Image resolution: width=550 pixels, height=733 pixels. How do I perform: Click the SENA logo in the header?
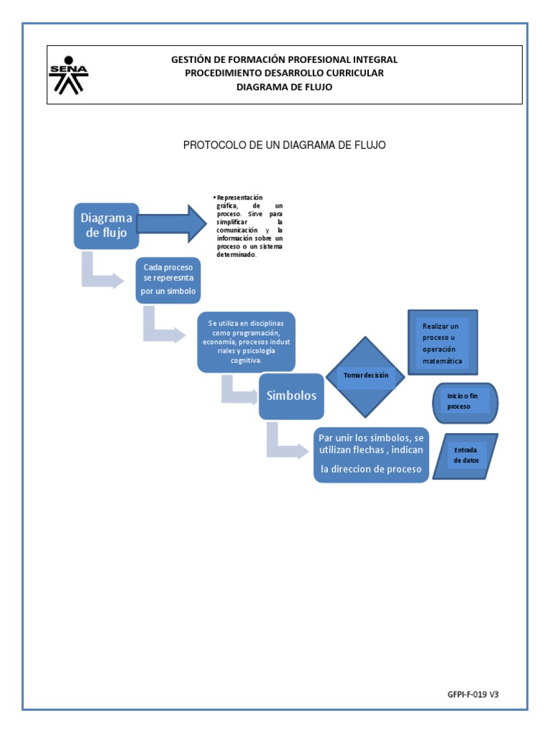[68, 75]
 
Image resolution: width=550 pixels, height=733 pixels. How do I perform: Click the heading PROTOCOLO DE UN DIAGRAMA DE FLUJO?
[284, 145]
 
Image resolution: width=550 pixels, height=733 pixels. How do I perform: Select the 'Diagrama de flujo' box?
[107, 225]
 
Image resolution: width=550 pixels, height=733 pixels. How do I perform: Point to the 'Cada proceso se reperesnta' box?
[168, 280]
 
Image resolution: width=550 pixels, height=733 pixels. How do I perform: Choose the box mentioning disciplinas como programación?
[247, 341]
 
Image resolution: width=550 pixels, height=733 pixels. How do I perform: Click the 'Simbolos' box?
[291, 395]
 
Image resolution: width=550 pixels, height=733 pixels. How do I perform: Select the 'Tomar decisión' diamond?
[365, 377]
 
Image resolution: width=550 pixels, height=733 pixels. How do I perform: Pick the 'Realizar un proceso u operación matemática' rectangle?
[443, 343]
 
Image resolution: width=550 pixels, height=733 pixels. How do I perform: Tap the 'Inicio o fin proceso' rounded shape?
[465, 402]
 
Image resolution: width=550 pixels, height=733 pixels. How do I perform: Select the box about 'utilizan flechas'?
[372, 454]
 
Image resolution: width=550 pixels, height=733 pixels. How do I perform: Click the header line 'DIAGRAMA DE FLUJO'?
[284, 87]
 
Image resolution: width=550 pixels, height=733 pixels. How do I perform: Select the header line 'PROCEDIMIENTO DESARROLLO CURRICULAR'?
[284, 73]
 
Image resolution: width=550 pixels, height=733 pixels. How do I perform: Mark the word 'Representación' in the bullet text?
[240, 198]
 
